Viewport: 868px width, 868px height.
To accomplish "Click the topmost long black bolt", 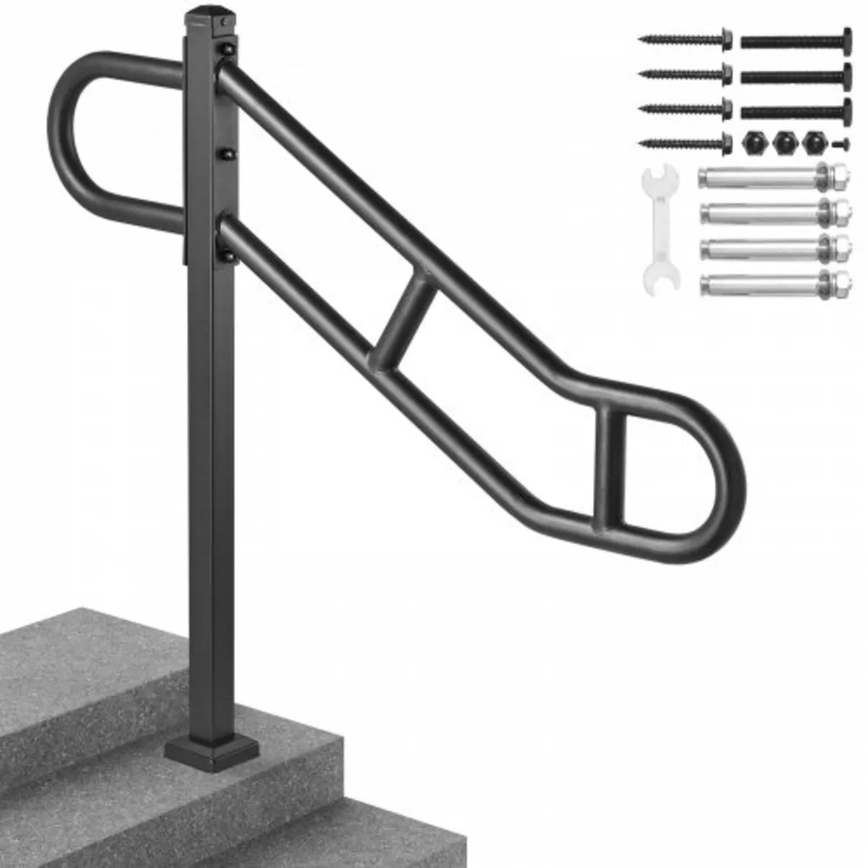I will click(x=796, y=40).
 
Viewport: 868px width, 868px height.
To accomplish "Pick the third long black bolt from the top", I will click(x=796, y=109).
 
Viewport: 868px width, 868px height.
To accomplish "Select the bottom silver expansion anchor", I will click(x=774, y=280).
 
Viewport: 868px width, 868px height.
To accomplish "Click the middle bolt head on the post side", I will click(x=229, y=154).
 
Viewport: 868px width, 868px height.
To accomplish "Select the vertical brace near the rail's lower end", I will click(x=609, y=467).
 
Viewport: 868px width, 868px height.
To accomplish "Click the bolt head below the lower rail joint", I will click(x=229, y=255).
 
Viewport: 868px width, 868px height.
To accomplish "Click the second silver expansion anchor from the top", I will click(x=774, y=212).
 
